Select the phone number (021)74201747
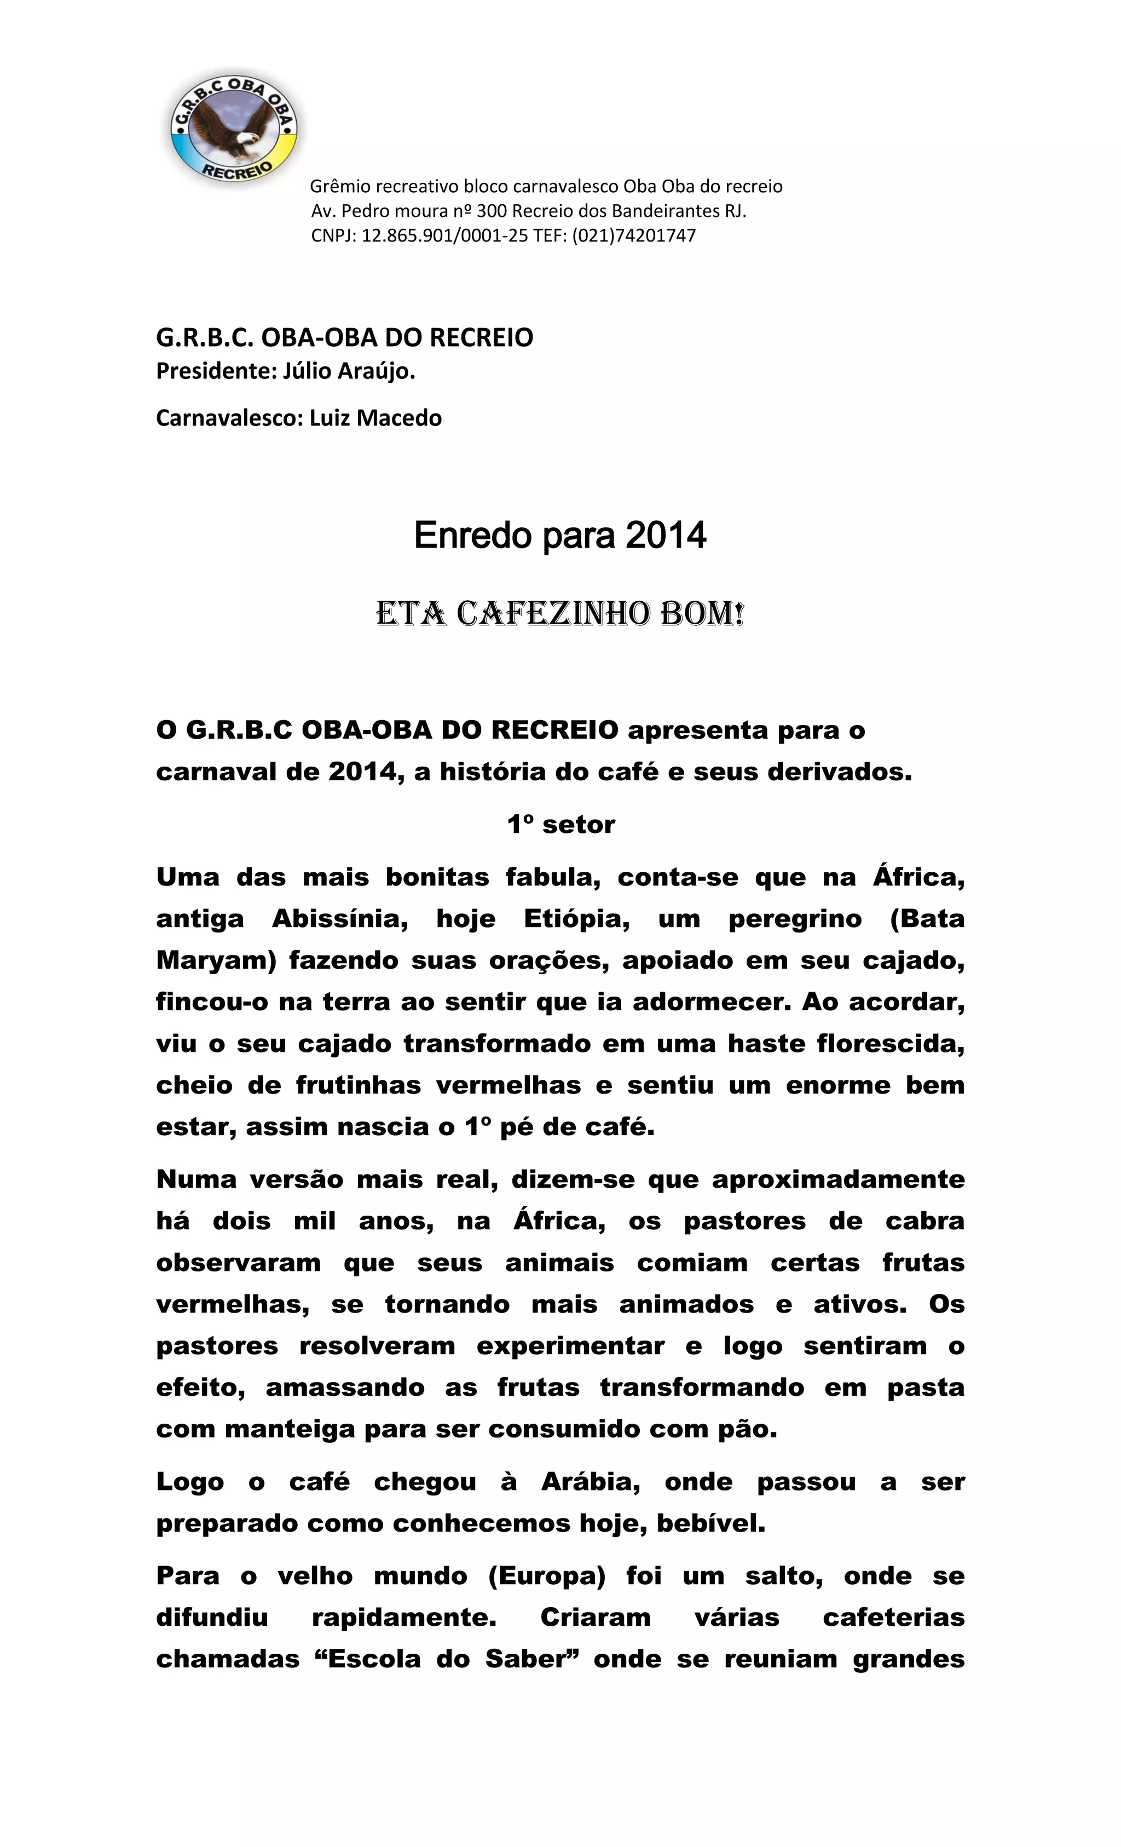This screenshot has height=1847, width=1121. (x=634, y=235)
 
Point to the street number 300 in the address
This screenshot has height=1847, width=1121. (x=492, y=211)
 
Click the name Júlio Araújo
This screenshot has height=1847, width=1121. (x=349, y=371)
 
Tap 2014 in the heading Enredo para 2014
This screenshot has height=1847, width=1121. (x=666, y=535)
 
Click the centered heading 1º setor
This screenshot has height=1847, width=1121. (x=560, y=825)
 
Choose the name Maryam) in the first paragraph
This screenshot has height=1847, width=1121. (x=217, y=960)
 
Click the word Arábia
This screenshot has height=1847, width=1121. (x=591, y=1482)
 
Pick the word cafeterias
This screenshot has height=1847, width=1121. (x=893, y=1618)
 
